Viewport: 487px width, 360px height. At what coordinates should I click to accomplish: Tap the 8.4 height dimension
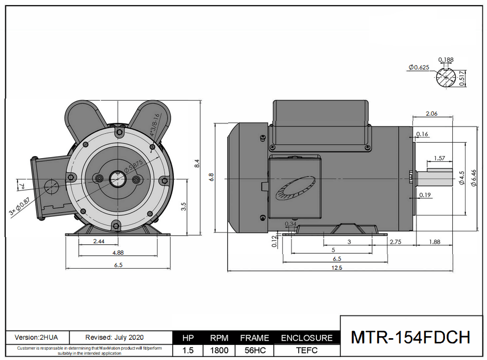197,163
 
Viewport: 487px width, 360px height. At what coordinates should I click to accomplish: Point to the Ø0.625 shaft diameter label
419,67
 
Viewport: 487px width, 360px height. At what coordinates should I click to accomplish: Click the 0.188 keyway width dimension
446,60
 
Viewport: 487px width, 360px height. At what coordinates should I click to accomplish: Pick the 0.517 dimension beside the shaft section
462,78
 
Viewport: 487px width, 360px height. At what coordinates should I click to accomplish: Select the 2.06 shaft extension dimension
432,114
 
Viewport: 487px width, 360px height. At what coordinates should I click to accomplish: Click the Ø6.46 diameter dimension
473,179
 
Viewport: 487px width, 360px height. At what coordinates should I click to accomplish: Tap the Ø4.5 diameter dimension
461,178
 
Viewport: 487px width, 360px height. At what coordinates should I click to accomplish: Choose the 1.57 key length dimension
439,158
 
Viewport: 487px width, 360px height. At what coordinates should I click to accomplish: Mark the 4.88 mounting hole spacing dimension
117,253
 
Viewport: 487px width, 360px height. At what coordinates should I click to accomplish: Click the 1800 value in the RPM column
219,350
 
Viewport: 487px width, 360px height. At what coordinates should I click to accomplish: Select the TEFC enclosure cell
307,350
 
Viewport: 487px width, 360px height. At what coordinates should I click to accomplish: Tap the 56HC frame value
254,350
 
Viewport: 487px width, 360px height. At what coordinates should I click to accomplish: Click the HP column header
188,338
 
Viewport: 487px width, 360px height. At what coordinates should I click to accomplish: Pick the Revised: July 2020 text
115,337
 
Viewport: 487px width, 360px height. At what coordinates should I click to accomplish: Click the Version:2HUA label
36,337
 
